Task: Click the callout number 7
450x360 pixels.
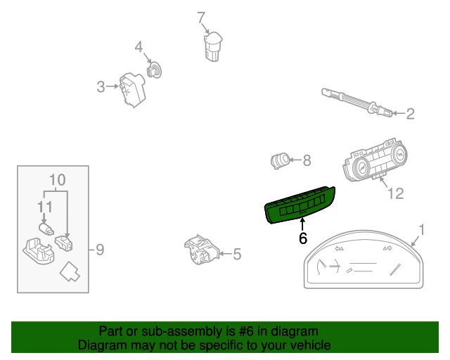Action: click(x=201, y=17)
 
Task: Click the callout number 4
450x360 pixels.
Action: click(x=139, y=48)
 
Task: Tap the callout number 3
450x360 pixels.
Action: click(x=101, y=86)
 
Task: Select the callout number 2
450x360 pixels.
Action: click(x=410, y=113)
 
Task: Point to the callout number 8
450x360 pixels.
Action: click(x=306, y=161)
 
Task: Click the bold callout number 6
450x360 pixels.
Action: click(x=303, y=238)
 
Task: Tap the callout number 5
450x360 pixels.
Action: click(x=236, y=254)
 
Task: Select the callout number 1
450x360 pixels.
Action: click(x=421, y=229)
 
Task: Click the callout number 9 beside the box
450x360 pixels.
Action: click(x=99, y=249)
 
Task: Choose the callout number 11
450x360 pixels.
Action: click(x=45, y=207)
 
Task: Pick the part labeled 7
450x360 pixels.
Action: click(x=213, y=46)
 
